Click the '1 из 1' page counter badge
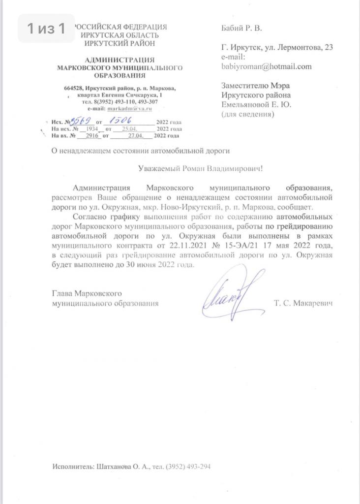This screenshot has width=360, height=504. pyautogui.click(x=46, y=29)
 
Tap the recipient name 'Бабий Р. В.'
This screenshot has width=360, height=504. pyautogui.click(x=241, y=29)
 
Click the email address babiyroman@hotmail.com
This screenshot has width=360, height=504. pyautogui.click(x=267, y=66)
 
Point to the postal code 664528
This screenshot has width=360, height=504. pyautogui.click(x=73, y=88)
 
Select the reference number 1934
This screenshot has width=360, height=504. pyautogui.click(x=90, y=128)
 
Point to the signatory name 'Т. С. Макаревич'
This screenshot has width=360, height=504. pyautogui.click(x=303, y=304)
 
